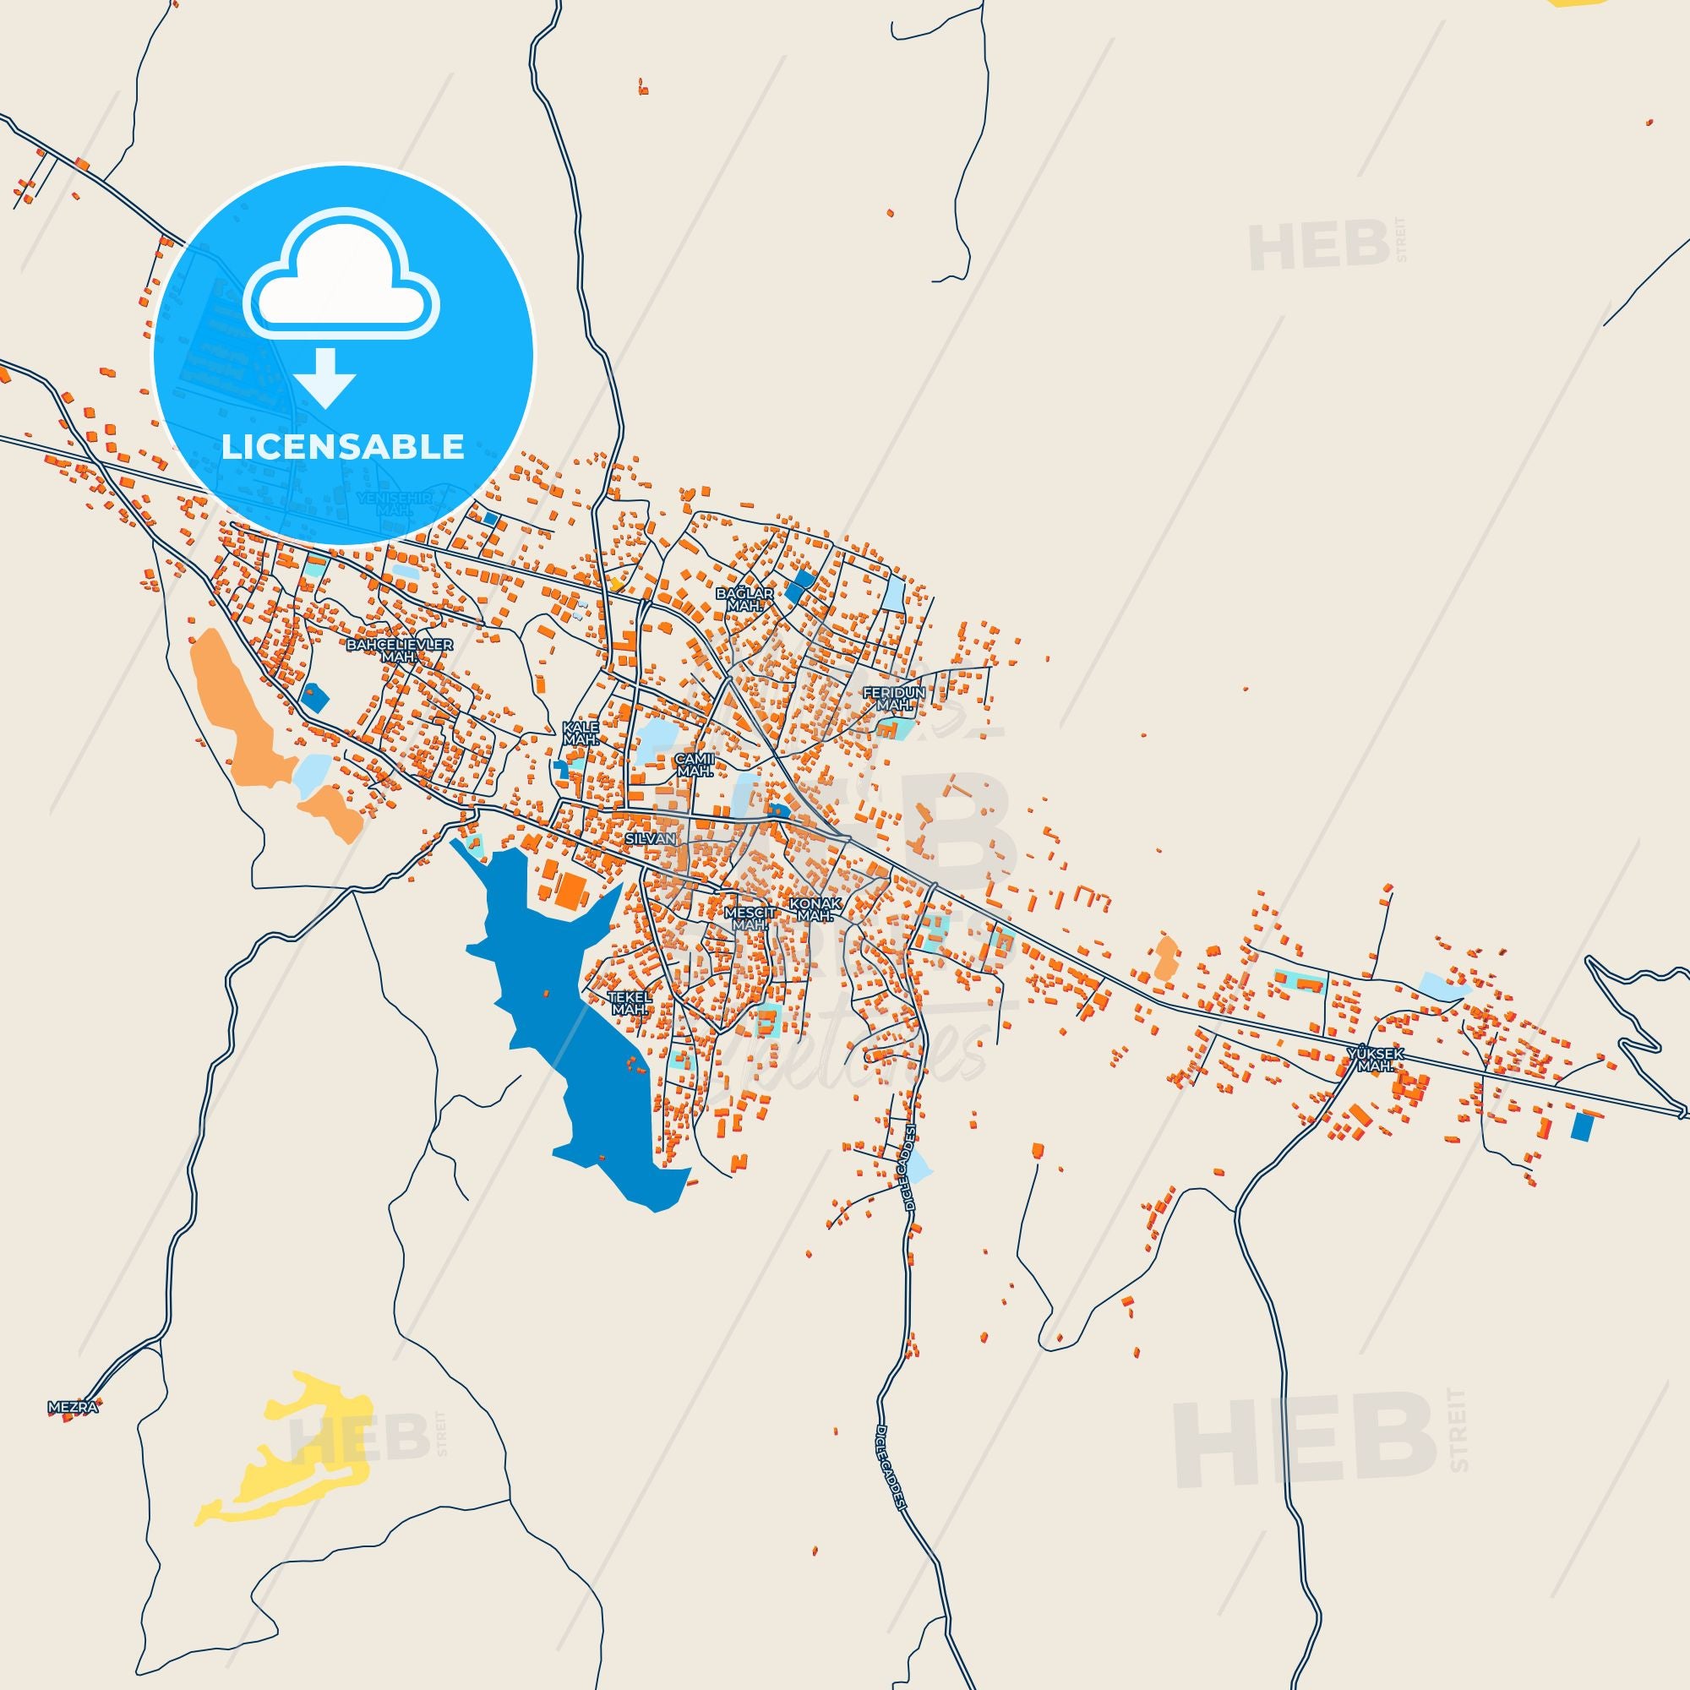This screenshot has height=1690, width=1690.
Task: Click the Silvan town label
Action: coord(651,838)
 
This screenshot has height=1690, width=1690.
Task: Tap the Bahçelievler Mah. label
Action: coord(400,650)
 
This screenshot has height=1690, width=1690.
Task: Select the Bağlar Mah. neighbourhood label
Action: coord(744,599)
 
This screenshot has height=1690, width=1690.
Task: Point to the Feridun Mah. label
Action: coord(893,698)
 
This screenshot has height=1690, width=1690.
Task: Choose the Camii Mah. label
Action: coord(696,766)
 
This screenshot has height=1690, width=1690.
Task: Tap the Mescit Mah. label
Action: coord(750,918)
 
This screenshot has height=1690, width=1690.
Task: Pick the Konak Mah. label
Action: coord(815,909)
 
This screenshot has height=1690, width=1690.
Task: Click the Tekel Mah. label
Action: coord(630,1002)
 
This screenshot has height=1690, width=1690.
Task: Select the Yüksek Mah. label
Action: coord(1375,1060)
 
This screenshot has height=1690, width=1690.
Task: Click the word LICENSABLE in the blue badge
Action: coord(343,446)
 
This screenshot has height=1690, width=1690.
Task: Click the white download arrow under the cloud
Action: coord(324,378)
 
